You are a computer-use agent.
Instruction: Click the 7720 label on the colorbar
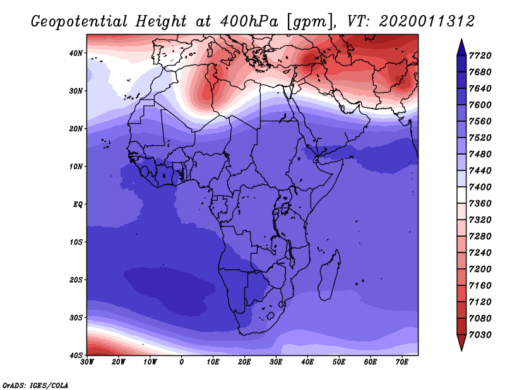click(x=480, y=56)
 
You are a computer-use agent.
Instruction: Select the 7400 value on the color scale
click(x=480, y=187)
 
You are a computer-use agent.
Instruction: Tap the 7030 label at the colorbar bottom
click(x=480, y=335)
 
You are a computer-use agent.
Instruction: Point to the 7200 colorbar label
click(x=480, y=269)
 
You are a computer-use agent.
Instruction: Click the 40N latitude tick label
click(x=76, y=53)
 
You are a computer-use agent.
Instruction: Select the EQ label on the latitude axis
click(x=78, y=204)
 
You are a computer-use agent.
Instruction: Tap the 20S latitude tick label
click(x=76, y=280)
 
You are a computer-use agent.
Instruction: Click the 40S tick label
click(x=76, y=355)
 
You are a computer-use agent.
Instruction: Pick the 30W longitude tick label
click(x=87, y=362)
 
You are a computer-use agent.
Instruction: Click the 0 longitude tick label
click(x=182, y=362)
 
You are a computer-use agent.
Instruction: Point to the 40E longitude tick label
click(x=307, y=362)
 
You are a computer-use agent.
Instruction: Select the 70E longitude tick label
click(x=402, y=362)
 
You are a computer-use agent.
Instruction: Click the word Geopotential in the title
click(x=80, y=21)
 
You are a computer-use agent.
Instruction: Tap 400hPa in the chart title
click(x=249, y=21)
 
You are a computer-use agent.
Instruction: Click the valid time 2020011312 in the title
click(x=427, y=21)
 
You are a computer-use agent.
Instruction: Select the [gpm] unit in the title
click(x=310, y=22)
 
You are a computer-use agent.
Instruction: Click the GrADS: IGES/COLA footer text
click(x=35, y=385)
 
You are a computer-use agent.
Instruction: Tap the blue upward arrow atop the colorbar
click(x=461, y=47)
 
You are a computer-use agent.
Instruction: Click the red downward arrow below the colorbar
click(x=461, y=343)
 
